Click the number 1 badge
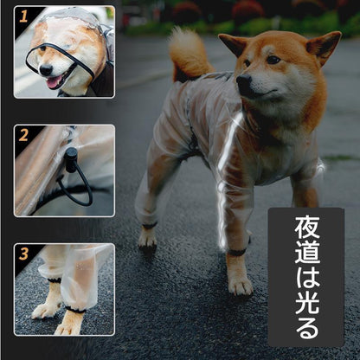coord(23,16)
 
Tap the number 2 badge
coord(23,135)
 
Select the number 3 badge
coord(23,254)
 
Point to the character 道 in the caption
coord(307,254)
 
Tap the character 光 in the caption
coord(307,305)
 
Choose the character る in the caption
coord(307,329)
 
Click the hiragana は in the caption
coord(307,280)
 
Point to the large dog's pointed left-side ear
coord(233,44)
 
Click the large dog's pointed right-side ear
coord(324,46)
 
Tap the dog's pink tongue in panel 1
coord(55,81)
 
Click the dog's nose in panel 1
coord(46,69)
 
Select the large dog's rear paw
coord(148,241)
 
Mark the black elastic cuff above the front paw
coord(236,253)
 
